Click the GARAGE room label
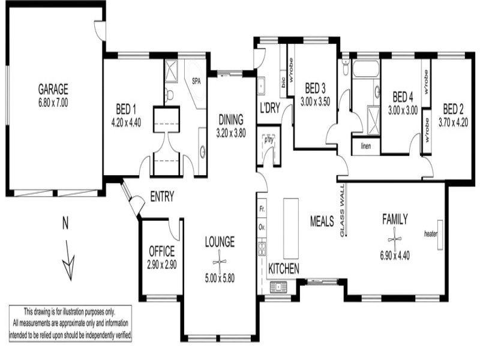(x=53, y=89)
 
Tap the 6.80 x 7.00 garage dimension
(x=53, y=103)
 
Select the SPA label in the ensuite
(x=196, y=82)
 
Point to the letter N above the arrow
(x=65, y=223)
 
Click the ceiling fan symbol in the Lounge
(x=220, y=262)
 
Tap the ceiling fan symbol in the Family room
(x=395, y=239)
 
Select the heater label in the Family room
(x=430, y=234)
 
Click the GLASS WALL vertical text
(x=342, y=211)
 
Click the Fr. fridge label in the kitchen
(x=262, y=209)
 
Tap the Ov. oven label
(x=262, y=227)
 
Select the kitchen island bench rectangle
(x=291, y=229)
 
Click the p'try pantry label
(x=269, y=140)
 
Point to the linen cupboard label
(x=366, y=146)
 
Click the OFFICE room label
(x=161, y=251)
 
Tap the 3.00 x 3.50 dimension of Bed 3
(x=316, y=101)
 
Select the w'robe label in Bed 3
(x=291, y=70)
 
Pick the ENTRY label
(x=162, y=196)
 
